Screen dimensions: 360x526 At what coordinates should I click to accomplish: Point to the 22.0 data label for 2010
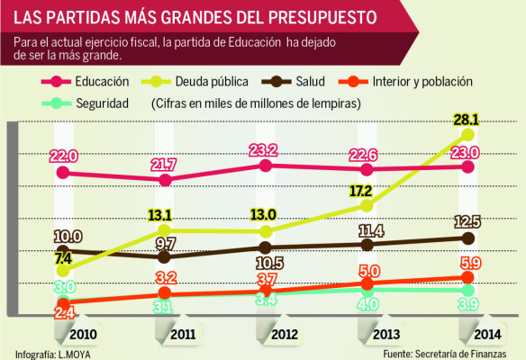click(64, 156)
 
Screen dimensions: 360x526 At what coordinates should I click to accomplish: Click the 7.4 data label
click(62, 258)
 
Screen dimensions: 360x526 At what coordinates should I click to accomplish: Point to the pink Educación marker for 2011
click(165, 180)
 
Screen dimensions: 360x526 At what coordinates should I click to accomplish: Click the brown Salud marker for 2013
click(367, 243)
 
